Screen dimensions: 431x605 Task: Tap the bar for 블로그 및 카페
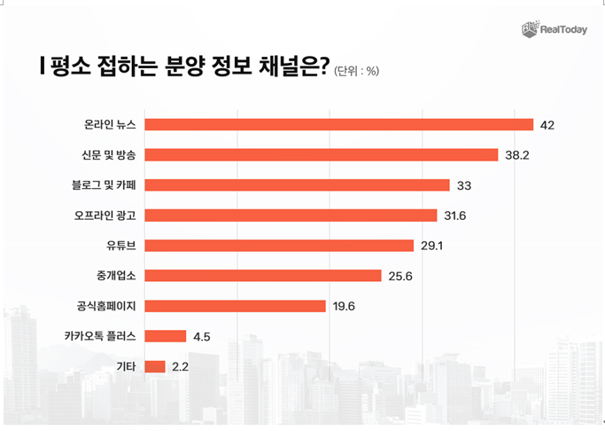(297, 185)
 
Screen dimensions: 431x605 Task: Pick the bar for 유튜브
(279, 246)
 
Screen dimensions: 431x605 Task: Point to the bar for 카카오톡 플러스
(165, 336)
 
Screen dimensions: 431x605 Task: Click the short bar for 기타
(154, 366)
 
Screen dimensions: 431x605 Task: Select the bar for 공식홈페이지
(235, 306)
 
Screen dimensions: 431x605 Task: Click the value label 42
(547, 125)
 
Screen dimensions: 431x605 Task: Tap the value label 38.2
(517, 155)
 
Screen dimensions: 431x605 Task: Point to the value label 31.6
(456, 215)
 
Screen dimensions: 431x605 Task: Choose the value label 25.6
(400, 276)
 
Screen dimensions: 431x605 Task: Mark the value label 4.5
(201, 336)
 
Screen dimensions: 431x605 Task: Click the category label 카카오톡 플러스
(100, 336)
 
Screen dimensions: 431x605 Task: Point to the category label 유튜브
(120, 246)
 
